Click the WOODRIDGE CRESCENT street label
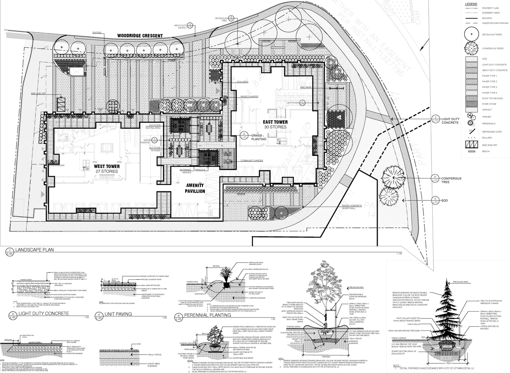pos(140,36)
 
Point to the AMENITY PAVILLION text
pos(195,188)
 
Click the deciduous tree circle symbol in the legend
pos(471,34)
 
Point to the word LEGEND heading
pos(471,4)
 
